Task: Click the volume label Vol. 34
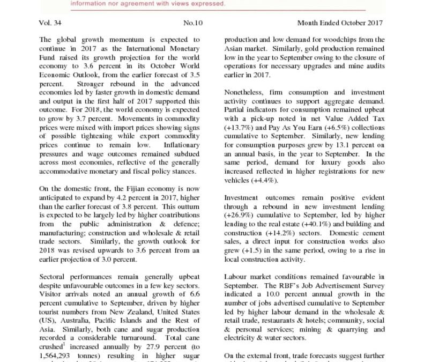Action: click(x=51, y=24)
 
